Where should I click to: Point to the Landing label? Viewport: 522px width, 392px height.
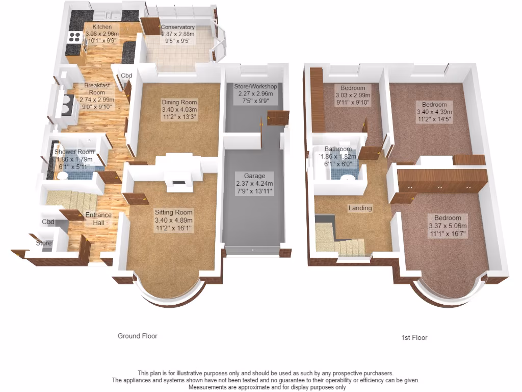click(x=360, y=208)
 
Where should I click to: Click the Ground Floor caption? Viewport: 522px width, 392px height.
click(x=138, y=336)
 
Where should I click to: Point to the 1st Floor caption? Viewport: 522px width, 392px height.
click(x=414, y=338)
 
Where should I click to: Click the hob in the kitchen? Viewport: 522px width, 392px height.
click(x=75, y=37)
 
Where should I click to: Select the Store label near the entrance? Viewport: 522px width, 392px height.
click(x=44, y=243)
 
